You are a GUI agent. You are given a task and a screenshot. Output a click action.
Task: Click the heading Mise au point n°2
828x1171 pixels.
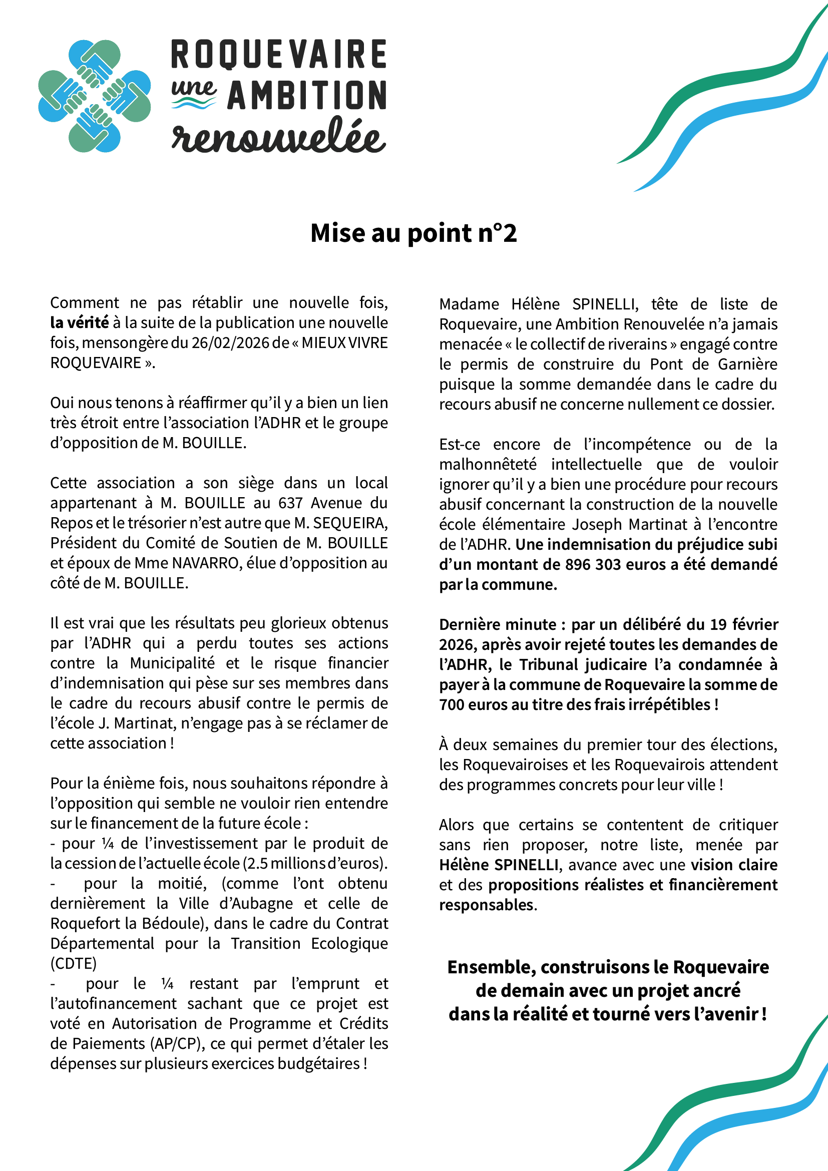pos(413,233)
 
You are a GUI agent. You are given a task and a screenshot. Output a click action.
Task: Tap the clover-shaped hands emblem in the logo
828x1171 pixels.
pos(94,96)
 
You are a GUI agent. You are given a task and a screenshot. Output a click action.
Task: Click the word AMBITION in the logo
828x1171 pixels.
pos(306,96)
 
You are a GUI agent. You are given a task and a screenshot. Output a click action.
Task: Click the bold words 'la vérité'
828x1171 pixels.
pos(80,323)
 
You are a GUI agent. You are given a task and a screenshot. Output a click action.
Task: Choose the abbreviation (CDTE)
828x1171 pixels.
pos(74,963)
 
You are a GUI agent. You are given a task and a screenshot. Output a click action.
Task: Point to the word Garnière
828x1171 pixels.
pos(747,364)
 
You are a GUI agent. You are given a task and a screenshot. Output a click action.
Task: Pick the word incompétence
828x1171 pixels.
pos(637,444)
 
